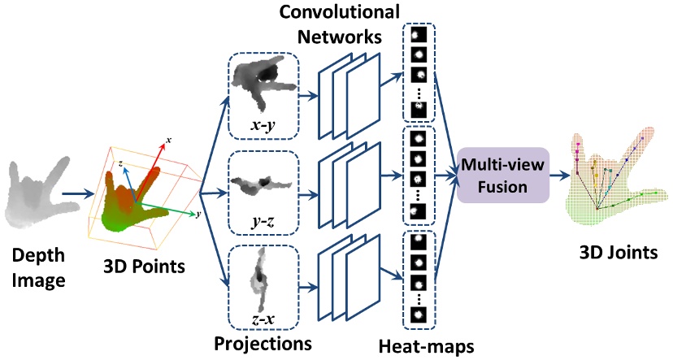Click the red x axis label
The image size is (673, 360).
click(168, 141)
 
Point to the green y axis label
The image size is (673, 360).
click(198, 214)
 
